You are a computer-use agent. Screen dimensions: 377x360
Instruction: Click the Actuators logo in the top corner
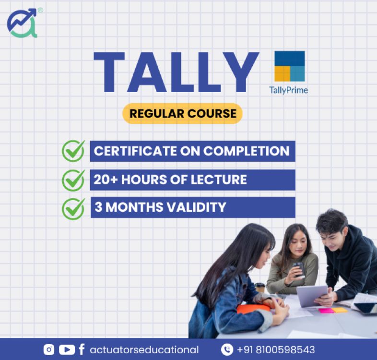[23, 24]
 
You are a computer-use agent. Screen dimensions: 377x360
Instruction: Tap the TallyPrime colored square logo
[290, 66]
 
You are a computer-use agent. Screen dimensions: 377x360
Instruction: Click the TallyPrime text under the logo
[288, 90]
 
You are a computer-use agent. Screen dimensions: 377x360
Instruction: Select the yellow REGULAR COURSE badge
[182, 114]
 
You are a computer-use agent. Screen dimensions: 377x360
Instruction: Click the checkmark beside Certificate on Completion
[73, 151]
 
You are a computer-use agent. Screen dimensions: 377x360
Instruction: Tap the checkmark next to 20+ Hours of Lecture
[73, 180]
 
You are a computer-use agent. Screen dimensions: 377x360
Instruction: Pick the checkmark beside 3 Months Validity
[73, 209]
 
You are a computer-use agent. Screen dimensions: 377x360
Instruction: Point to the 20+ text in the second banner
[106, 180]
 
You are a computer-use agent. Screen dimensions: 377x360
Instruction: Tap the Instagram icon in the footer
[49, 349]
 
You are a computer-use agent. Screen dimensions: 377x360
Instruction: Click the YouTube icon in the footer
[67, 349]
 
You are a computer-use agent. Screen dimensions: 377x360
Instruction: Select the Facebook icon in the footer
[82, 349]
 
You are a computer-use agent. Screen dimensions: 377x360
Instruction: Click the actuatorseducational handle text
[144, 350]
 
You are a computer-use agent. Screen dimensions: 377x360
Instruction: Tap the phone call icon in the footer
[227, 349]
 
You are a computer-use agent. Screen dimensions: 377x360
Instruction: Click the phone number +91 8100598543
[276, 350]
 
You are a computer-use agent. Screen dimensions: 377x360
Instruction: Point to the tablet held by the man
[312, 296]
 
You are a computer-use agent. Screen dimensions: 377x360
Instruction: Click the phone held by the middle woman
[299, 269]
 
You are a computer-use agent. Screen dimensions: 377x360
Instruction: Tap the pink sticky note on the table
[326, 311]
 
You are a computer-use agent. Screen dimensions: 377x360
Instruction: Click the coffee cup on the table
[260, 288]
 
